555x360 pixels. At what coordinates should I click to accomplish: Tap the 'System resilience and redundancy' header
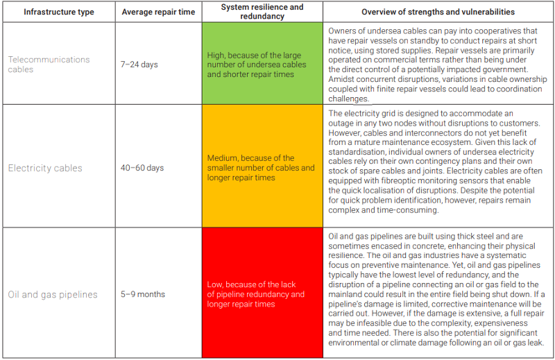click(262, 12)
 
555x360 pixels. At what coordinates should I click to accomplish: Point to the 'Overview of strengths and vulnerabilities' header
click(438, 12)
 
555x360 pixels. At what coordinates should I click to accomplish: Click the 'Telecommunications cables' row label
click(49, 65)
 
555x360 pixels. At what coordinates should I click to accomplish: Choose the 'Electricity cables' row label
click(45, 168)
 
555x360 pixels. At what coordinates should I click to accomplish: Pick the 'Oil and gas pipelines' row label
click(53, 294)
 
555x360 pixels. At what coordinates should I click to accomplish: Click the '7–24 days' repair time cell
click(139, 65)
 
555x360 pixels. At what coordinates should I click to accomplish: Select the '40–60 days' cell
click(142, 168)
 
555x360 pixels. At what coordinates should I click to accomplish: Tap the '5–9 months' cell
click(143, 294)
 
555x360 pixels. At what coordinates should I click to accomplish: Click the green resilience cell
click(263, 65)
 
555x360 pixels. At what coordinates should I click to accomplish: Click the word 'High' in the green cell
click(216, 55)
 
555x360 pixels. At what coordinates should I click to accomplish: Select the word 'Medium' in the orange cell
click(223, 158)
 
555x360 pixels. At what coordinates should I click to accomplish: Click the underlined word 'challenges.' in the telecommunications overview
click(348, 98)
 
